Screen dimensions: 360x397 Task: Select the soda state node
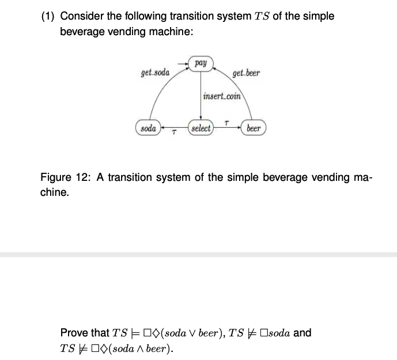(x=148, y=128)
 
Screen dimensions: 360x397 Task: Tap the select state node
(x=201, y=128)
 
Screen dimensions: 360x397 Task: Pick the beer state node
(x=254, y=128)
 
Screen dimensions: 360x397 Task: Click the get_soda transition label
(x=155, y=73)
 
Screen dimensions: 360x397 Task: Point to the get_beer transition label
(x=246, y=73)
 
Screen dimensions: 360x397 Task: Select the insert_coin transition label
(x=222, y=96)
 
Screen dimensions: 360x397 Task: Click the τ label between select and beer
(x=227, y=122)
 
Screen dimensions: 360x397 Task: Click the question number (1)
(x=48, y=16)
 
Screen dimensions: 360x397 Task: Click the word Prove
(x=76, y=333)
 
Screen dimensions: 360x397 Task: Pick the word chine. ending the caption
(x=55, y=192)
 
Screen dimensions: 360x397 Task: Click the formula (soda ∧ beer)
(x=139, y=348)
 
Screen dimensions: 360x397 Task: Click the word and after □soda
(x=303, y=333)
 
